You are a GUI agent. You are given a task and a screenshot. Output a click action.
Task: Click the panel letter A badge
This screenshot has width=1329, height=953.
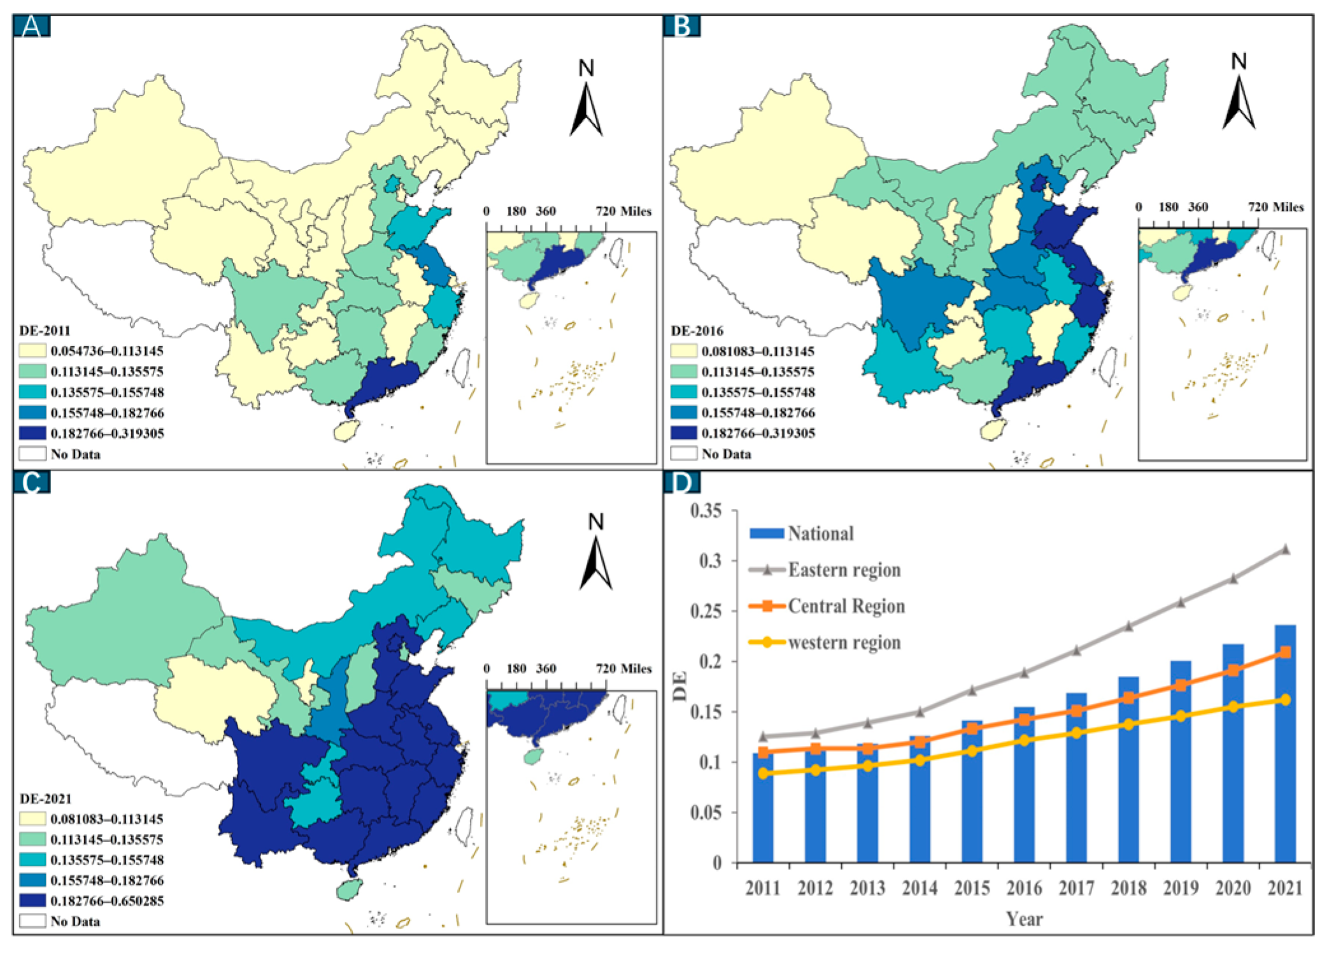coord(32,26)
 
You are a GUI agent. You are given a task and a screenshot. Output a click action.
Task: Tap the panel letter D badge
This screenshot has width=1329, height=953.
coord(682,482)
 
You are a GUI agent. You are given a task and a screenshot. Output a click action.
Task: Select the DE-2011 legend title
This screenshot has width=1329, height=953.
coord(45,331)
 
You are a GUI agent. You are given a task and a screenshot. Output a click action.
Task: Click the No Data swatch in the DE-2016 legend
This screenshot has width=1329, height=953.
coord(684,454)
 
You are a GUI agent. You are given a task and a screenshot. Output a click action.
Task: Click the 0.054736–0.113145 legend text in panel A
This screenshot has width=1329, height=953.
coord(107,351)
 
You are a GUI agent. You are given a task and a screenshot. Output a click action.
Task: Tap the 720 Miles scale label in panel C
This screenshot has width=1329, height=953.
coord(623,669)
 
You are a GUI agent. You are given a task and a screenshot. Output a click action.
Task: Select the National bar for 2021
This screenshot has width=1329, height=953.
coord(1285,744)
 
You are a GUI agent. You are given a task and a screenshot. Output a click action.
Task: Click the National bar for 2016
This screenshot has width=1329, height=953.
coord(1024,785)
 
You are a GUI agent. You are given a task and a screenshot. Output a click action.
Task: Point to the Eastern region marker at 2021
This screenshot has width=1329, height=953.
coord(1286,549)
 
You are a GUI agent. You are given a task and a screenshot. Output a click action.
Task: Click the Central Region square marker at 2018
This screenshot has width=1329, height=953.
coord(1128,698)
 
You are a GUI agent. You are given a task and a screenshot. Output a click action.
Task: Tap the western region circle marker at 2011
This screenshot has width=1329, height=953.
coord(763,773)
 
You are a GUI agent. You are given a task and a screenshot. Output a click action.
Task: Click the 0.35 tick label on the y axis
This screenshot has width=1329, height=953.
coord(706,511)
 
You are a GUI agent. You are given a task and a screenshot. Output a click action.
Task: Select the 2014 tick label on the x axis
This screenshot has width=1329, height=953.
coord(920,888)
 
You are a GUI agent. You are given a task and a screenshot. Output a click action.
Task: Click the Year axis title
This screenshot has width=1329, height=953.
coord(1024,919)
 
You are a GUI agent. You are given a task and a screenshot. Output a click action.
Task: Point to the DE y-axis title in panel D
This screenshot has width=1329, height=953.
coord(680,686)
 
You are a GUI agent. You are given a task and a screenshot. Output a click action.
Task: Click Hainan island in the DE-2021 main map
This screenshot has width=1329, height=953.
coord(348,889)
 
